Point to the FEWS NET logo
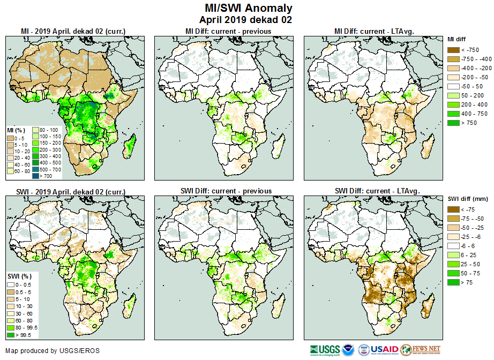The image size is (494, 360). pyautogui.click(x=421, y=350)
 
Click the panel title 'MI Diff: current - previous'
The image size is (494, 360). pyautogui.click(x=228, y=32)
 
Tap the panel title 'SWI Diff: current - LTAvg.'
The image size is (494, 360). pyautogui.click(x=377, y=191)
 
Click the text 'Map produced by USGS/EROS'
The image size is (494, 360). pyautogui.click(x=53, y=351)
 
